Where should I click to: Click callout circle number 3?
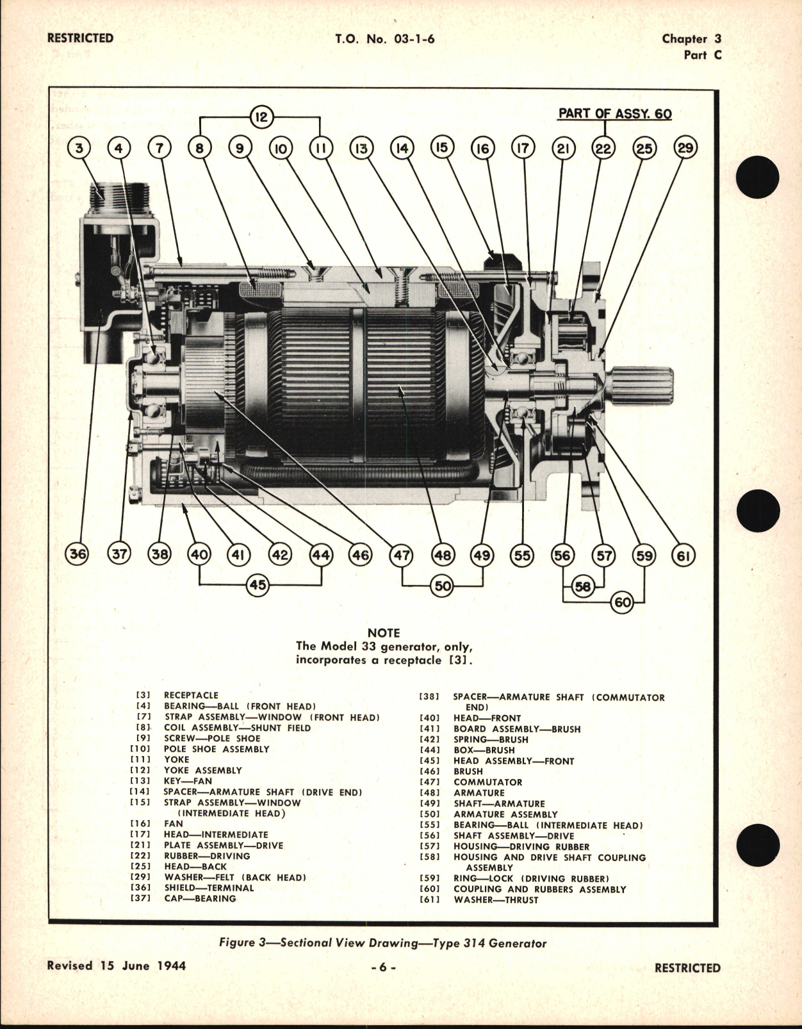coord(79,149)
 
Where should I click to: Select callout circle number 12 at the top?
coord(261,117)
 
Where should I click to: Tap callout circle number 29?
coord(685,148)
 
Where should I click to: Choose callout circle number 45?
coord(258,584)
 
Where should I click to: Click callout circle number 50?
coord(443,585)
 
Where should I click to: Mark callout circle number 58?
coord(583,586)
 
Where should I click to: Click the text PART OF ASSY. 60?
coord(614,113)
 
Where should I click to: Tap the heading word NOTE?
coord(383,632)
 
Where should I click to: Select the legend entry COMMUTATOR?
coord(487,782)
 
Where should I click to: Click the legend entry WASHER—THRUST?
coord(496,900)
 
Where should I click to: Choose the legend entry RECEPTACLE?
coord(191,695)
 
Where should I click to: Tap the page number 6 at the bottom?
coord(383,967)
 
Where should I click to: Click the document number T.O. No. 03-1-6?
coord(384,38)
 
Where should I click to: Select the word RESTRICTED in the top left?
coord(80,38)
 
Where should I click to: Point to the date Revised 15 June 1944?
coord(117,965)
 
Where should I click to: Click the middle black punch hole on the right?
coord(758,512)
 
